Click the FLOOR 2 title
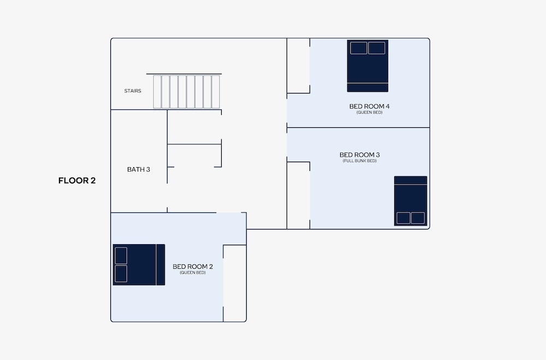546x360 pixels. point(77,180)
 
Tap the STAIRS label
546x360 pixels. point(133,91)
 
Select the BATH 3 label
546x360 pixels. point(139,169)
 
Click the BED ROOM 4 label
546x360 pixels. point(370,107)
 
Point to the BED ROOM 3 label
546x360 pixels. point(360,155)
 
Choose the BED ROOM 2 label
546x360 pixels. point(193,267)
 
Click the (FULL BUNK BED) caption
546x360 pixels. point(360,161)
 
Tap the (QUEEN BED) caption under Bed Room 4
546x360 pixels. point(370,113)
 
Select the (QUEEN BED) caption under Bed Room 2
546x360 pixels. point(193,273)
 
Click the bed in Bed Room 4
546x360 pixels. point(367,66)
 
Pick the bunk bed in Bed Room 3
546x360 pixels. point(411,201)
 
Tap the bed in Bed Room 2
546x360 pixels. point(139,265)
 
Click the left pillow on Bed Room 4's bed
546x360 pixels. point(359,48)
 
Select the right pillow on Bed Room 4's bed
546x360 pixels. point(377,48)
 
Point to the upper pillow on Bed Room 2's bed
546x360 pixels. point(121,256)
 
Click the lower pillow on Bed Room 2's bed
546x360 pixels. point(121,274)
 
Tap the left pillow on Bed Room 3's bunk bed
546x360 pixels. point(403,218)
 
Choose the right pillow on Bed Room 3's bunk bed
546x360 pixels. point(418,218)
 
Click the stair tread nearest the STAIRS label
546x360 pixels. point(157,92)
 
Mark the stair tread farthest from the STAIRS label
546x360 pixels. point(216,92)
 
